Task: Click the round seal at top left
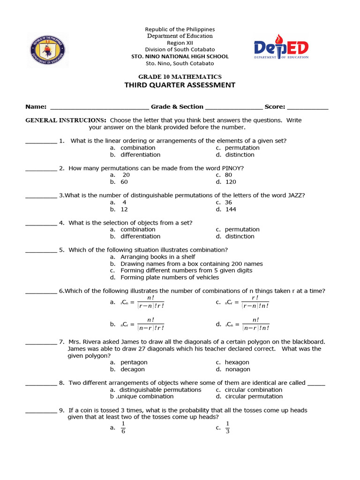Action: click(x=47, y=50)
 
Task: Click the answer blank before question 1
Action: click(x=41, y=141)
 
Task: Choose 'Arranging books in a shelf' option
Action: click(x=157, y=257)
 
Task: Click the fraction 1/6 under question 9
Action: click(x=123, y=427)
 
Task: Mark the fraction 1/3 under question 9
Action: click(x=228, y=427)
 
